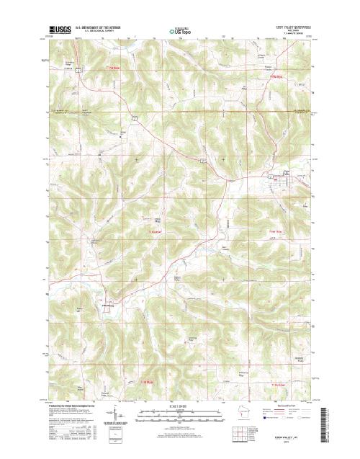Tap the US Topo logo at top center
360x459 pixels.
click(x=180, y=32)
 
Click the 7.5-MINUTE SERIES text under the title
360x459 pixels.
click(x=292, y=34)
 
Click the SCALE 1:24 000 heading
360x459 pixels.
click(x=180, y=407)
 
